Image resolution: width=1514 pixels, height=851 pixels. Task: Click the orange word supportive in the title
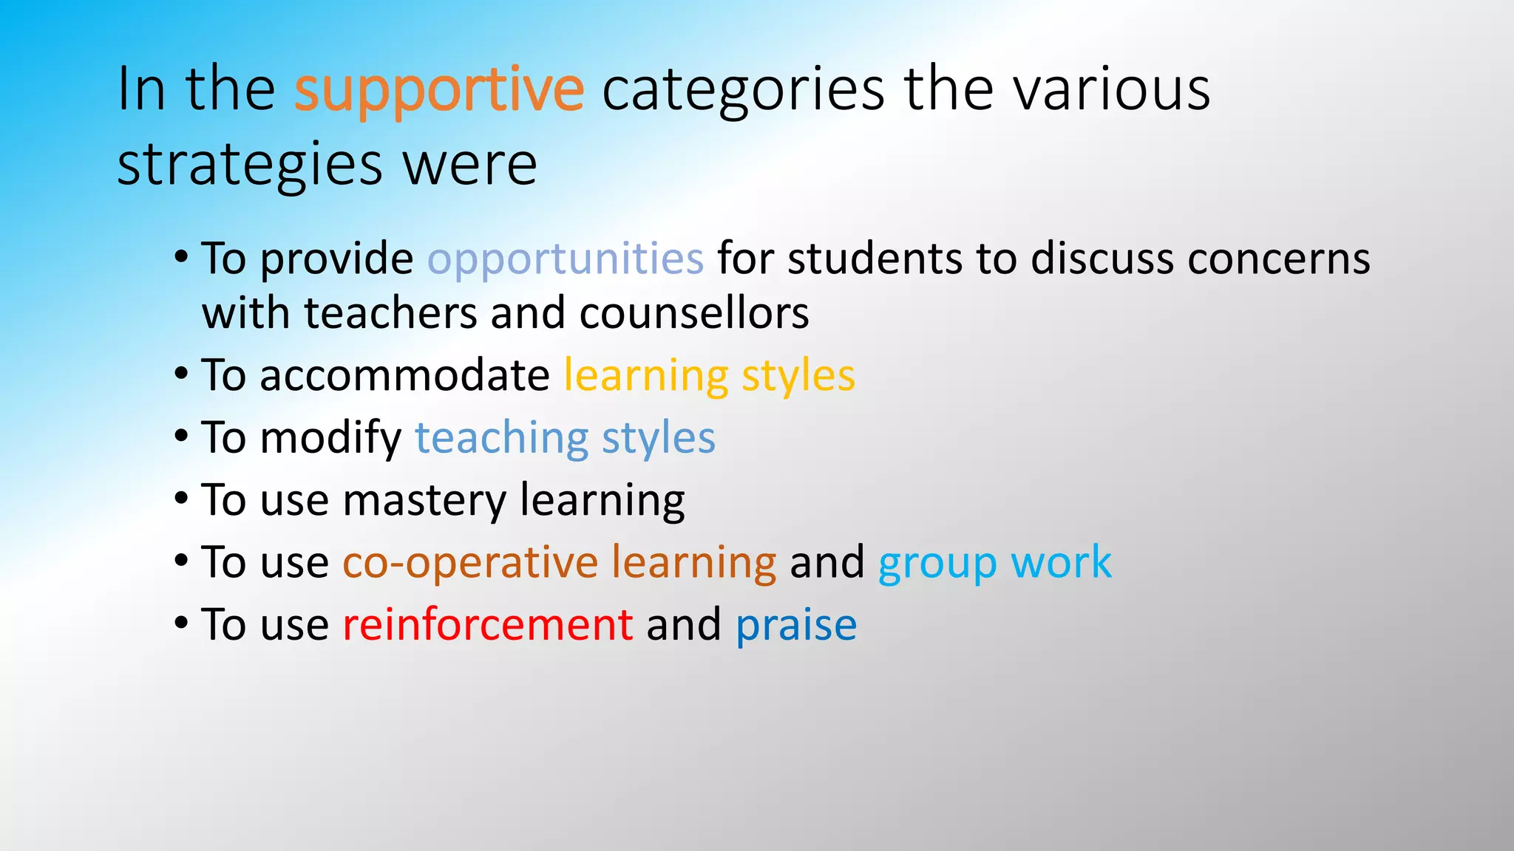(439, 91)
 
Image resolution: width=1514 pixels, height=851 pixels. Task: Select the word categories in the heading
(743, 91)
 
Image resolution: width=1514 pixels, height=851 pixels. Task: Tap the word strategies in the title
(250, 165)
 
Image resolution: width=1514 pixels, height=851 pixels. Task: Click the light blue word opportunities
(566, 259)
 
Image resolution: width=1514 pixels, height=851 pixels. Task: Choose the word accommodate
(405, 375)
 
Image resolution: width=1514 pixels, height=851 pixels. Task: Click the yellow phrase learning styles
(709, 376)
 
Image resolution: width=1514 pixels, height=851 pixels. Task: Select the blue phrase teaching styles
(565, 438)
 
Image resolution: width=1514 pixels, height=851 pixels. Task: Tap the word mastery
(424, 501)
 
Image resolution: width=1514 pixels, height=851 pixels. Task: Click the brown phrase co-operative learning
(560, 563)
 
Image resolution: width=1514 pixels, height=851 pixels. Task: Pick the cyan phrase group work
(994, 563)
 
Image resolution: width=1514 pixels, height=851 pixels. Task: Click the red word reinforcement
(488, 625)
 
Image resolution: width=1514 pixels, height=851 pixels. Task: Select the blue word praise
(796, 626)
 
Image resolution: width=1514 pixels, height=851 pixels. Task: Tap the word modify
(331, 438)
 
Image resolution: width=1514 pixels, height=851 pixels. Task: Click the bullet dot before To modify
(181, 437)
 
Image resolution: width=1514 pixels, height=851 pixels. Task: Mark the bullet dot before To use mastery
(181, 499)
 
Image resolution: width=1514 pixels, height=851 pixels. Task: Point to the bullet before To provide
(181, 258)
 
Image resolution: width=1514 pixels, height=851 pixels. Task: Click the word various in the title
(1111, 91)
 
